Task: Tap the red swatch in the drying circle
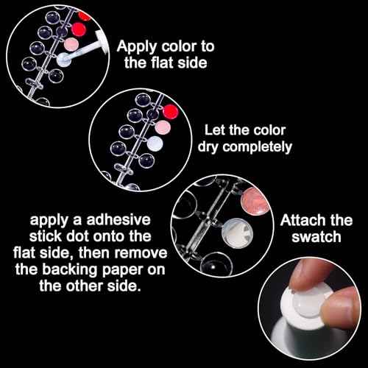(170, 112)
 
